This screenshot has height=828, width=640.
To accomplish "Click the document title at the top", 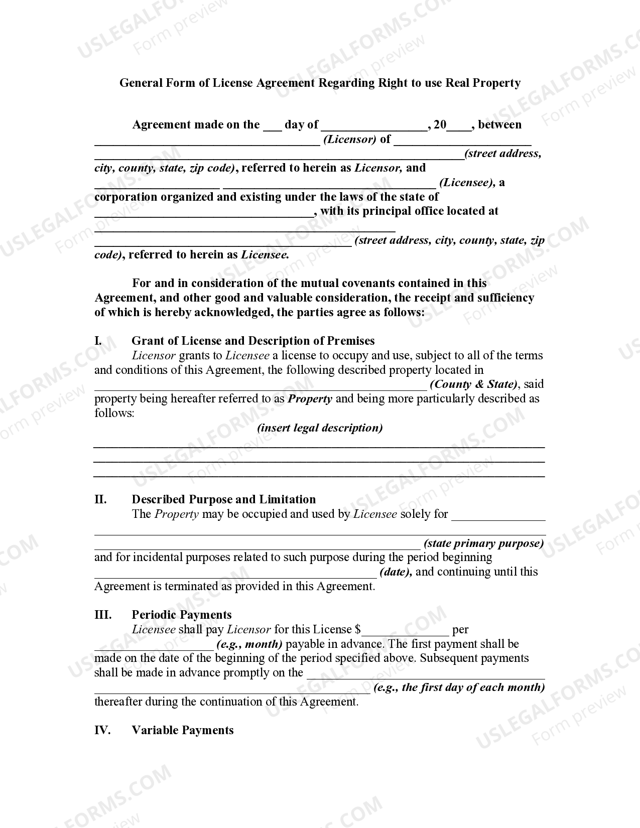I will point(320,83).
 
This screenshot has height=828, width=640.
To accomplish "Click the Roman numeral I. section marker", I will point(98,341).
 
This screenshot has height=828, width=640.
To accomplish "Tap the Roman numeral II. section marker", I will point(100,499).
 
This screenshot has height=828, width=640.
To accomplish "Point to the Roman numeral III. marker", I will point(103,615).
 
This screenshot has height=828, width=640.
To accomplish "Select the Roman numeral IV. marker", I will point(102,730).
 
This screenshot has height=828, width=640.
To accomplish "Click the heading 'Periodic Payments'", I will point(182,615).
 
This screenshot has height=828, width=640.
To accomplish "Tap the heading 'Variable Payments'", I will point(183,730).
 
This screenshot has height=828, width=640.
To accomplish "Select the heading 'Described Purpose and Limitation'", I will point(224,499).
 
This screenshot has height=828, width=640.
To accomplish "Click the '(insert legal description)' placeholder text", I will point(320,428).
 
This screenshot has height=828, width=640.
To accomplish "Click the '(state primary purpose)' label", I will point(484,543).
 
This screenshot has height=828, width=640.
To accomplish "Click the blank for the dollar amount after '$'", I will point(405,630).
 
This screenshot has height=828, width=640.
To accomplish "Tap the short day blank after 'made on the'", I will point(273,126).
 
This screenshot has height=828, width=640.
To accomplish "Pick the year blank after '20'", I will point(459,126).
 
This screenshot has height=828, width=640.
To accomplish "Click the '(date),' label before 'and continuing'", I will point(397,572).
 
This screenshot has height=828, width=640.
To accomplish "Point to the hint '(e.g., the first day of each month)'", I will point(459,687).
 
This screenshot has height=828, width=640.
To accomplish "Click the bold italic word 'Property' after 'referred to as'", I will point(310,399).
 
